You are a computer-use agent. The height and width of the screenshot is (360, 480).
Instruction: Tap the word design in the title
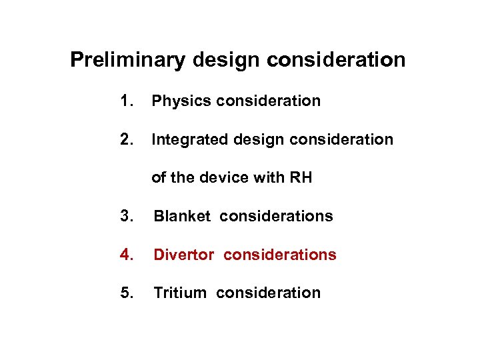(227, 60)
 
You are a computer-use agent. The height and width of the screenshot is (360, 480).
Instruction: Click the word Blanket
(182, 216)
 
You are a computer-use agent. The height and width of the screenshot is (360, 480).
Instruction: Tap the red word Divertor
(185, 255)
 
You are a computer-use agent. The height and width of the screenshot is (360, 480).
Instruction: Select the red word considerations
(280, 255)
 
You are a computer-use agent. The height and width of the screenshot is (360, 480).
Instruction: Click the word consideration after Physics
(269, 101)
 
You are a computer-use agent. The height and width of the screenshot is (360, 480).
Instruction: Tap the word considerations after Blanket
(276, 216)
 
